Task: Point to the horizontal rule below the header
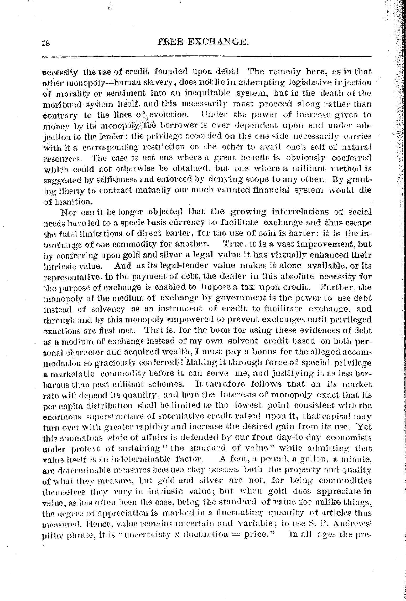206,56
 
